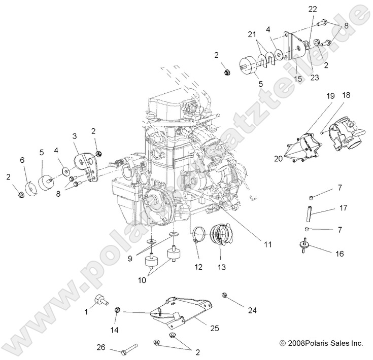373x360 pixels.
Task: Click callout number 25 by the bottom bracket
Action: [214, 329]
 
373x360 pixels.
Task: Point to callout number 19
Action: [316, 96]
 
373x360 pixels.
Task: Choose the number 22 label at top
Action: [312, 9]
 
